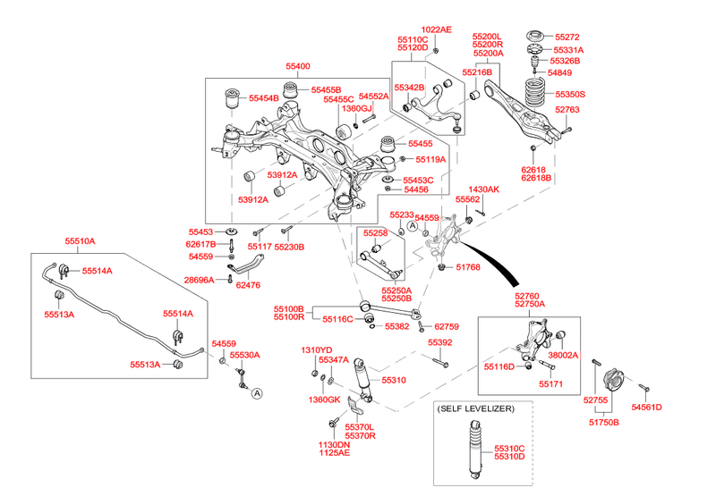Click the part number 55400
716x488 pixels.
[x=298, y=67]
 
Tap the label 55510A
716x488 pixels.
[x=79, y=241]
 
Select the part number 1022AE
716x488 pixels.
[x=438, y=29]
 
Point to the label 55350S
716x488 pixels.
[x=570, y=94]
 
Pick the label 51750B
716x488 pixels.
[x=602, y=422]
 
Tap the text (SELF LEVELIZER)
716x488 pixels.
[x=475, y=408]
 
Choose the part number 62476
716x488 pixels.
[x=248, y=285]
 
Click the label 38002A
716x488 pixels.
[x=563, y=355]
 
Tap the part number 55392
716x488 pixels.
[x=439, y=343]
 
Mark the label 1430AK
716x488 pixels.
[x=483, y=190]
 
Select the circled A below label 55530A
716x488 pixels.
[x=256, y=393]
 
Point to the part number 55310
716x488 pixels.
[x=394, y=380]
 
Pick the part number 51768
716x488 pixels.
[x=468, y=266]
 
